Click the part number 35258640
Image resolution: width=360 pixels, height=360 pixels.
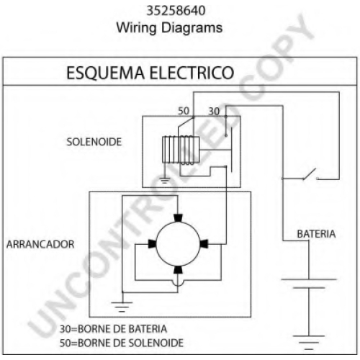click(176, 11)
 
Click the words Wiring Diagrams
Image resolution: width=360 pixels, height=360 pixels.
click(169, 27)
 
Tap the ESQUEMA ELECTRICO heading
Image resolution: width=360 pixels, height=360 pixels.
click(150, 73)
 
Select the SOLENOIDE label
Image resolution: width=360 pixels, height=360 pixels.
click(94, 142)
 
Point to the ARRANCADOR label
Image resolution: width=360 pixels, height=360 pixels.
click(40, 244)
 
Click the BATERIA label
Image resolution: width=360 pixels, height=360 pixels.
click(316, 234)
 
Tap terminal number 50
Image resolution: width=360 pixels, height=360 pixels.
click(184, 111)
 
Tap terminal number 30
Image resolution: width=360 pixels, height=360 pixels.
click(214, 112)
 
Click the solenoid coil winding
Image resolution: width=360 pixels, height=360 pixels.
click(181, 150)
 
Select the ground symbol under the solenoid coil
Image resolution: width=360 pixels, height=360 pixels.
click(164, 180)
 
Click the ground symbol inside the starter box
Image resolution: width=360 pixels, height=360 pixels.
click(122, 307)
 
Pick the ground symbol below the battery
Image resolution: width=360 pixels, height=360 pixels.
click(309, 342)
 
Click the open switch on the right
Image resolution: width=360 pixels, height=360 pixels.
click(311, 174)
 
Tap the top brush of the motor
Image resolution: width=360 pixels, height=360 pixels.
click(178, 218)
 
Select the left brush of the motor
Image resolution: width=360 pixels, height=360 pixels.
click(152, 244)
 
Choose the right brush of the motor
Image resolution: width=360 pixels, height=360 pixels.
click(204, 244)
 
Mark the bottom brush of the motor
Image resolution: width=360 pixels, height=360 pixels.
click(178, 270)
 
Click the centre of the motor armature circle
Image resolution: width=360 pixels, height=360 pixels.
click(178, 244)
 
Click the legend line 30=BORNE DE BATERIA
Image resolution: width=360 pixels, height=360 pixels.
click(113, 329)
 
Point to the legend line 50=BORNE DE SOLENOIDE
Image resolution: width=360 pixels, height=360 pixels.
click(122, 343)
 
